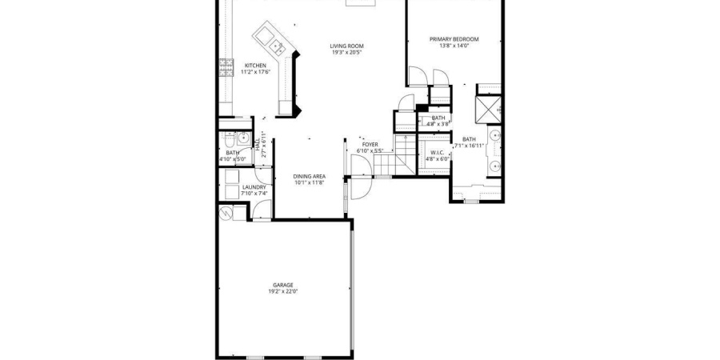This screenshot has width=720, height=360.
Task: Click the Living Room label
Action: (346, 46)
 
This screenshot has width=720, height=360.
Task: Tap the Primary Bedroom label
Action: (454, 39)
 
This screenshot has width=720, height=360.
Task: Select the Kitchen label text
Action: (255, 66)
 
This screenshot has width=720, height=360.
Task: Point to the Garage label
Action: (283, 285)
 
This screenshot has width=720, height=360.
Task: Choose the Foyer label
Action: (370, 145)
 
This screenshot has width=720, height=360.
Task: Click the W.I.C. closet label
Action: (438, 152)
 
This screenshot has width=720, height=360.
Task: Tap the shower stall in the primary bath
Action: (487, 108)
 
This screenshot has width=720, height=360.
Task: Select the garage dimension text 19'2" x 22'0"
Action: (283, 291)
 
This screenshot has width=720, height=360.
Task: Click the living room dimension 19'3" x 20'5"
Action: (346, 53)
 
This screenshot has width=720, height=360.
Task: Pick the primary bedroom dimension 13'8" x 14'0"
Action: (454, 46)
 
